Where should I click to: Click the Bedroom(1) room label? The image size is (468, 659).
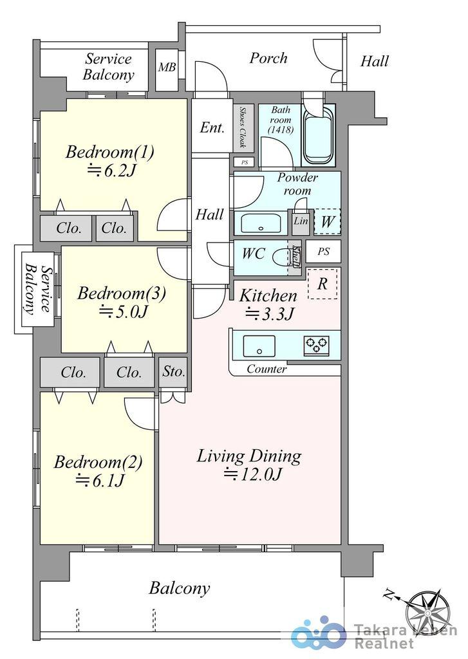(x=109, y=152)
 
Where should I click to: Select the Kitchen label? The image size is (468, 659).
(x=268, y=296)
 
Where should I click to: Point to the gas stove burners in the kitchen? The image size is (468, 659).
(x=316, y=345)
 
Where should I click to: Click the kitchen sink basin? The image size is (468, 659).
(x=259, y=346)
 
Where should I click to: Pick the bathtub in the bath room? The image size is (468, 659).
(x=318, y=134)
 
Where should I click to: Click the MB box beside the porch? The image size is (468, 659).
(x=166, y=70)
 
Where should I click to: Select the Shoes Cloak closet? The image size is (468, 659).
(x=243, y=128)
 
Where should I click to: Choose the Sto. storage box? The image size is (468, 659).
(x=173, y=372)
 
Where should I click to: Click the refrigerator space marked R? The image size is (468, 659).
(x=323, y=284)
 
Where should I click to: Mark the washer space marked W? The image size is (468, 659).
(x=327, y=221)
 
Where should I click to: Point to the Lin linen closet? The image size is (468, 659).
(x=301, y=221)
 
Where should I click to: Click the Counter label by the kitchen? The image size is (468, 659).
(x=267, y=369)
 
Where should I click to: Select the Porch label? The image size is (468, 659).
(x=268, y=58)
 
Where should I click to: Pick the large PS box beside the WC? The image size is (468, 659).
(x=323, y=252)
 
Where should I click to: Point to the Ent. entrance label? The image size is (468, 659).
(x=212, y=127)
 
